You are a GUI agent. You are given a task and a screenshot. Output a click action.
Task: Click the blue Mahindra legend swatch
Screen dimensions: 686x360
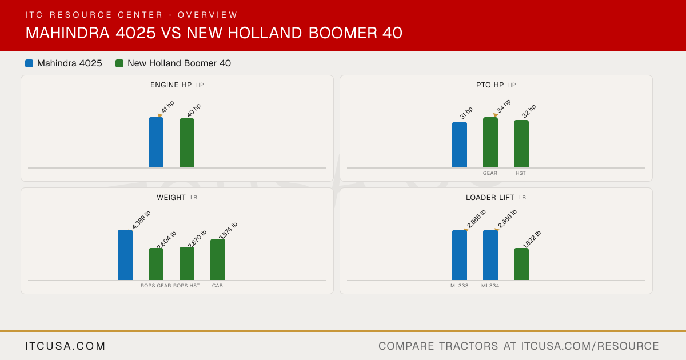click(29, 63)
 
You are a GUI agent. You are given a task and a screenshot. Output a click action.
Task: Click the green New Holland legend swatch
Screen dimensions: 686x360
click(119, 63)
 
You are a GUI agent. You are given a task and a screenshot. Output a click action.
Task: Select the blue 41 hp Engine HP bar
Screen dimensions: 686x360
click(156, 142)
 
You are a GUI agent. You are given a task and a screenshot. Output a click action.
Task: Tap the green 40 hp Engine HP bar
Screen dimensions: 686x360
click(187, 143)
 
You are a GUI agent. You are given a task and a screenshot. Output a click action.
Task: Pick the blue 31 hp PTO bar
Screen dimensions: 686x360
click(460, 145)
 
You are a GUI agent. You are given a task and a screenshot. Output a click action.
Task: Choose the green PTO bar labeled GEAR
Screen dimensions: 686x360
click(490, 142)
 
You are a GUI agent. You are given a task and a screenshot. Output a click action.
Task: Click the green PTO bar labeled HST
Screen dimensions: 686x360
click(521, 144)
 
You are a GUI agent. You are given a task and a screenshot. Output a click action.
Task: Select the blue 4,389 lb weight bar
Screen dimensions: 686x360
click(125, 255)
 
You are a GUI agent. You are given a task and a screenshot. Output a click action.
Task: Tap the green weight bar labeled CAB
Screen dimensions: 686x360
click(218, 259)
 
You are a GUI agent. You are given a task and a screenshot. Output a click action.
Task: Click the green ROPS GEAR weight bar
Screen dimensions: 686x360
click(156, 264)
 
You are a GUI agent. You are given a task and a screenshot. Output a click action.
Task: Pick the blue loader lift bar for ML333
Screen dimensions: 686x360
click(460, 255)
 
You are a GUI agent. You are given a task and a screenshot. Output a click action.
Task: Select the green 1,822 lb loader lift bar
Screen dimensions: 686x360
click(521, 264)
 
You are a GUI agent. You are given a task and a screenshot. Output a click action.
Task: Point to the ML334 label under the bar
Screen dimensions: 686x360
click(490, 286)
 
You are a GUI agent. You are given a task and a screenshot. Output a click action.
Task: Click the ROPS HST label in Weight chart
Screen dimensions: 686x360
click(186, 286)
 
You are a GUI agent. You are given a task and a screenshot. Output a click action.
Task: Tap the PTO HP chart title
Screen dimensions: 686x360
click(490, 85)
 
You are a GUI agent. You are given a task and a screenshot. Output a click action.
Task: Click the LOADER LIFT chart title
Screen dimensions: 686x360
click(490, 198)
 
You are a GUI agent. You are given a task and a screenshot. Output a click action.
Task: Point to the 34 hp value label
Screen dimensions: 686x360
click(504, 106)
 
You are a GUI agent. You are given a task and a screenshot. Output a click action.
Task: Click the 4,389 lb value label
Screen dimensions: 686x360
click(141, 220)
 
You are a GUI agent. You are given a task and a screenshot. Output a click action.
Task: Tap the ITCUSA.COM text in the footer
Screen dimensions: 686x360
click(65, 346)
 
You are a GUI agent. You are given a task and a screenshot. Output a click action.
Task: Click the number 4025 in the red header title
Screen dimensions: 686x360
click(135, 33)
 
